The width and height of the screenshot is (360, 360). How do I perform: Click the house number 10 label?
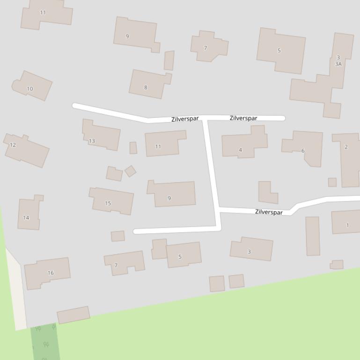[x=30, y=89]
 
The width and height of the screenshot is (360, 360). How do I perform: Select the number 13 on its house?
[x=92, y=141]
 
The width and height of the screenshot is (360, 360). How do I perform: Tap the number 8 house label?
[x=146, y=87]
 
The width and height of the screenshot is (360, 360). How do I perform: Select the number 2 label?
[x=346, y=147]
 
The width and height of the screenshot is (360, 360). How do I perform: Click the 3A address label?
[x=338, y=64]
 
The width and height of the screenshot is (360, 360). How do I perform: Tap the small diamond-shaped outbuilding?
[x=131, y=171]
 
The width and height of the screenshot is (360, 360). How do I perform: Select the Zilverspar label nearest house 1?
[x=269, y=212]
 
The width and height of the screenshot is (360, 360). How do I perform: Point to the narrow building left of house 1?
[x=313, y=236]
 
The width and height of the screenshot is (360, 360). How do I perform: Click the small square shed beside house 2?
[x=332, y=182]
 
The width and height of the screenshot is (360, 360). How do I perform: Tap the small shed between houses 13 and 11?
[x=133, y=148]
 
